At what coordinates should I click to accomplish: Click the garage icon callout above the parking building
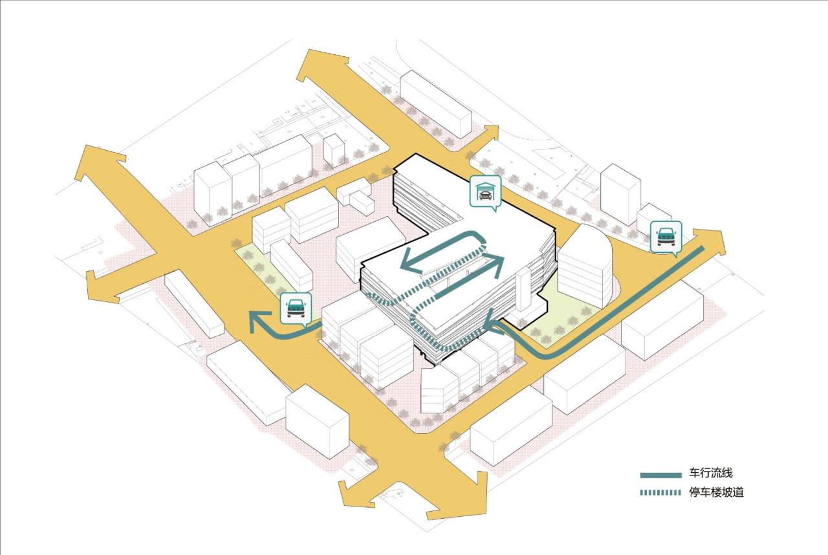[486, 191]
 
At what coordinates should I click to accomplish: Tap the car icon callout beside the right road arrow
[665, 236]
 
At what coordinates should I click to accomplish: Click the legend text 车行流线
[711, 474]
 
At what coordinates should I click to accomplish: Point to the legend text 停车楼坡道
[716, 493]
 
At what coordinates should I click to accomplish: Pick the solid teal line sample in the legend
[661, 475]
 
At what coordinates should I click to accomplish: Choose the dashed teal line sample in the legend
[661, 494]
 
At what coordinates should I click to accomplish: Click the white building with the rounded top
[584, 265]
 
